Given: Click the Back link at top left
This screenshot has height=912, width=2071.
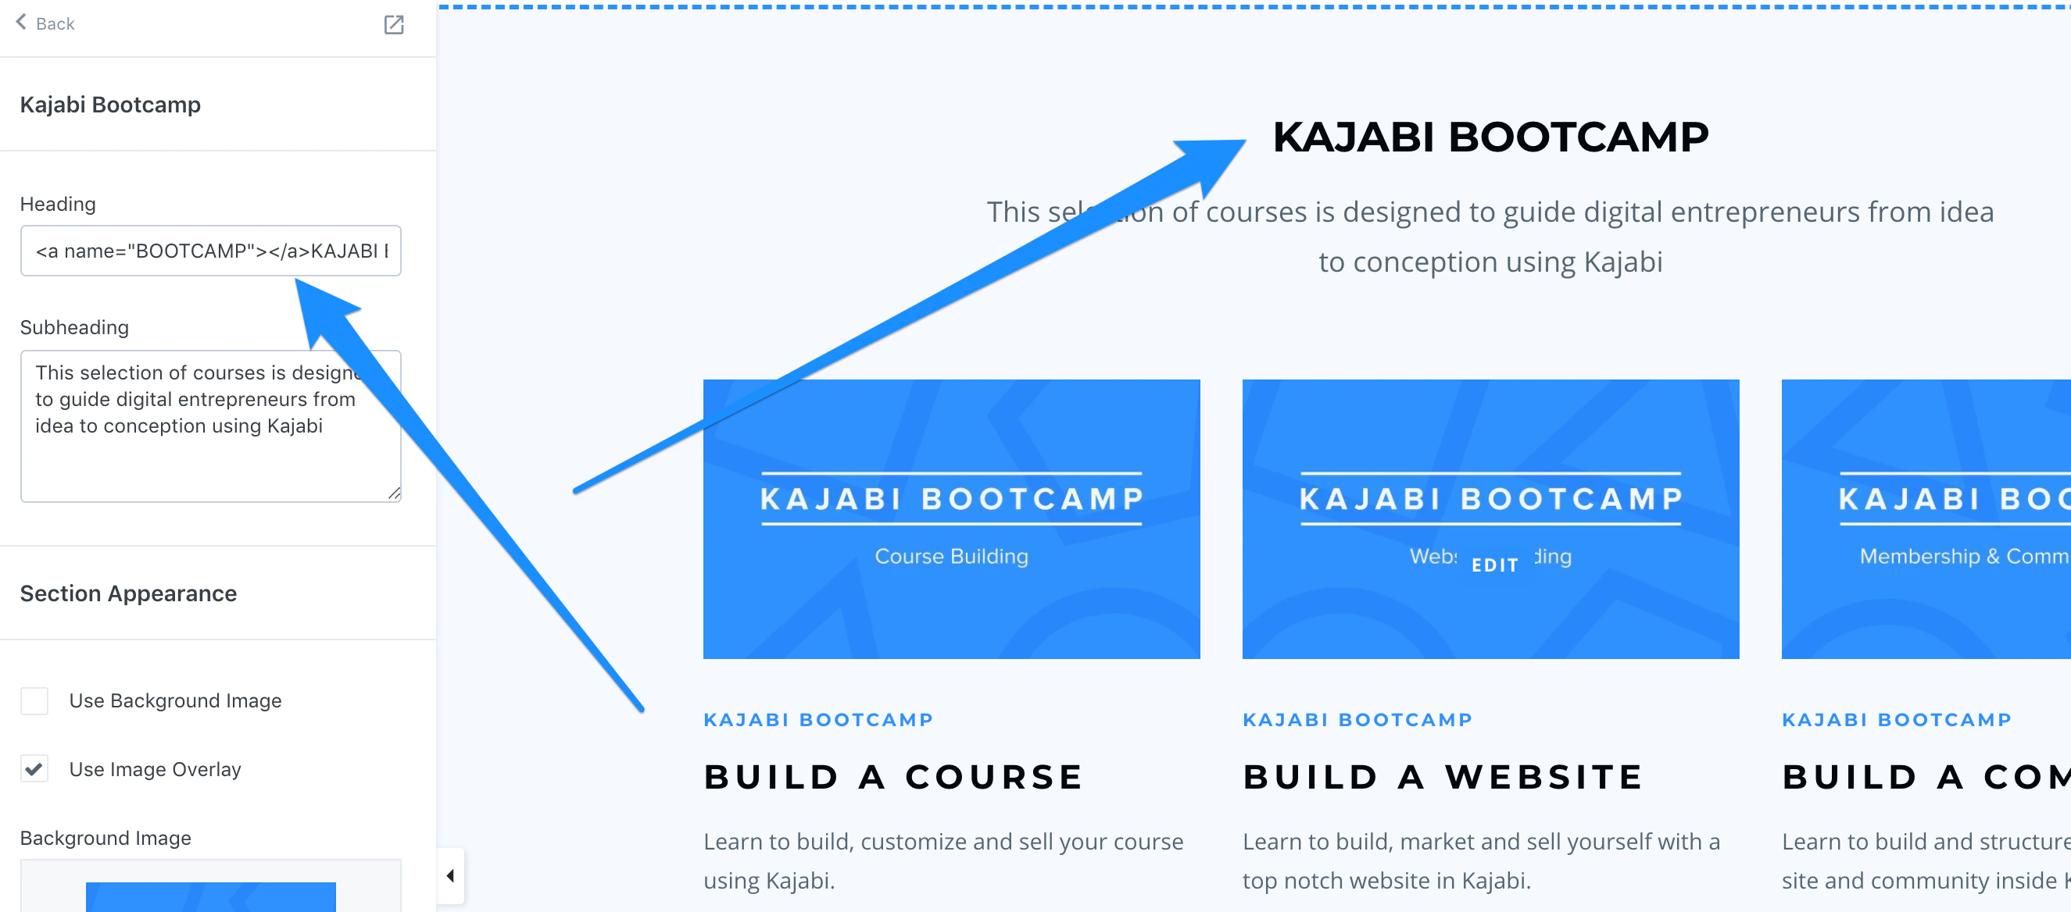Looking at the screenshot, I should coord(46,23).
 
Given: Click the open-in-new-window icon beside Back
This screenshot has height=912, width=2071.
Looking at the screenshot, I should coord(393,25).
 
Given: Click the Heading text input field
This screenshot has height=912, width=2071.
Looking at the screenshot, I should coord(211,251).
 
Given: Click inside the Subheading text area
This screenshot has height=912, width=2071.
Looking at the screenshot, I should coord(211,458).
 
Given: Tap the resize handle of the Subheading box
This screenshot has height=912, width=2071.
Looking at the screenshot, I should coord(394,494).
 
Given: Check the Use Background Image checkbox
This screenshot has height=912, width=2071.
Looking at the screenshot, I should coord(34,700).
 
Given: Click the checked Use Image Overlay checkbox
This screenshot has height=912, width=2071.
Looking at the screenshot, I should coord(34,769).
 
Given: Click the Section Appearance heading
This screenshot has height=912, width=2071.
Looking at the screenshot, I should coord(129,593).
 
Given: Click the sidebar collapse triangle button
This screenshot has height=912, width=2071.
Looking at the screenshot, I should coord(450,875).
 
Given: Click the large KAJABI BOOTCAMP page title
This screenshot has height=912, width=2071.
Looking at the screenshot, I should coord(1490,137).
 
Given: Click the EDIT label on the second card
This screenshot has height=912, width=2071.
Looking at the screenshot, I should coord(1494,565).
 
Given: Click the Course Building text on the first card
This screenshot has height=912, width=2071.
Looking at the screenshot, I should coord(951,556).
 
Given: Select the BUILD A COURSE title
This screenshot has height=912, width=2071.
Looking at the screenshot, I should coord(893,777).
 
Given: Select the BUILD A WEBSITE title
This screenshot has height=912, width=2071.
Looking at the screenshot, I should coord(1443,777).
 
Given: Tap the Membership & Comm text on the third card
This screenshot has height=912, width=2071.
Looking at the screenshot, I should coord(1962,556).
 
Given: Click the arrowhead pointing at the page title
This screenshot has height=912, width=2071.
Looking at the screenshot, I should coord(1214,157).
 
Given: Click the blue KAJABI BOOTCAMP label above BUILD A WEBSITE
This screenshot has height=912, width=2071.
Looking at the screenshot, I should coord(1357,720).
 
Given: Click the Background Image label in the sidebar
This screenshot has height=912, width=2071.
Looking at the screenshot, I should coord(106,838).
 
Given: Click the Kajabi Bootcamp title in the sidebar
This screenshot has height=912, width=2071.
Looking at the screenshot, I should coord(110,105).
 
